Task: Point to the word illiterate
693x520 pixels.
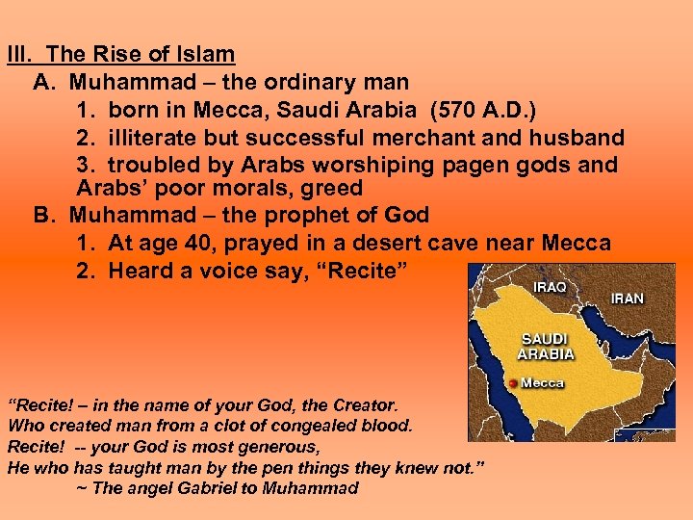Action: point(148,138)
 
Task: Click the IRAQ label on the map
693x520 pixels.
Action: point(551,287)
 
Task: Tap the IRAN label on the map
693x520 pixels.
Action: point(627,299)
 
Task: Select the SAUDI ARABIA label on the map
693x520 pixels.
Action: point(546,347)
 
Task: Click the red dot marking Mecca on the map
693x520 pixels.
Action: point(512,384)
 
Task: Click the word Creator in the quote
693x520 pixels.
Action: point(365,406)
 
